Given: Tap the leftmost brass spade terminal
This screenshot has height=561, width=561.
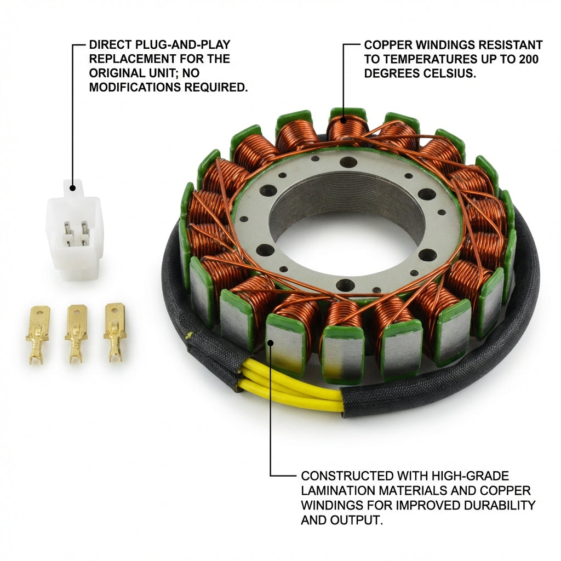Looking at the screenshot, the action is click(37, 335).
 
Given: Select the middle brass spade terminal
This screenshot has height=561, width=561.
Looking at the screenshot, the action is click(76, 334).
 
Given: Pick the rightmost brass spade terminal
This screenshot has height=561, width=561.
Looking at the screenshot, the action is click(115, 332).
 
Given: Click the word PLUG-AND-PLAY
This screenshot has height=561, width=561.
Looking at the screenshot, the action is click(183, 45).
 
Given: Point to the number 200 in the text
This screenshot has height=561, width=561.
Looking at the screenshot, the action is click(529, 59).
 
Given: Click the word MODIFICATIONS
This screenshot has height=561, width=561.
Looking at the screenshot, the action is click(135, 87).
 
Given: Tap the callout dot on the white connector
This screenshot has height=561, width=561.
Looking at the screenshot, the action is click(73, 188).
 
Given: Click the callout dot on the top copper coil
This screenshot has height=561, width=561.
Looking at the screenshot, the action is click(344, 121).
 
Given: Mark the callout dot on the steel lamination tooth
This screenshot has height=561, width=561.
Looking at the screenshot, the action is click(271, 343).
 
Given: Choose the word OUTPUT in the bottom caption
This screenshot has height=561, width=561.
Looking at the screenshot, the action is click(356, 520).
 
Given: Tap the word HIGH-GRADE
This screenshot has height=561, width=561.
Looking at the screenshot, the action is click(470, 476).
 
